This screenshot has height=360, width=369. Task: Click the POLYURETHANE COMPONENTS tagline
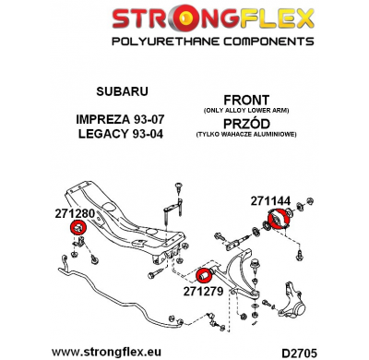click(x=184, y=42)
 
